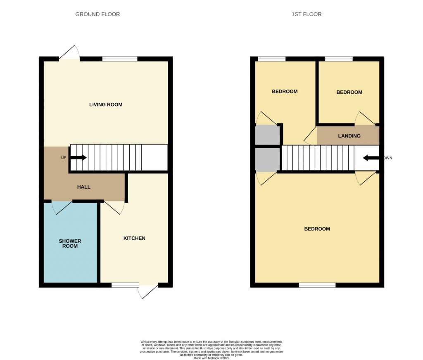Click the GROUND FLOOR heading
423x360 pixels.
point(97,14)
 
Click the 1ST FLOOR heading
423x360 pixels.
point(307,14)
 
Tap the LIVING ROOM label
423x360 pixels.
point(106,104)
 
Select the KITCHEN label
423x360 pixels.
point(135,238)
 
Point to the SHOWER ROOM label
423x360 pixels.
point(70,244)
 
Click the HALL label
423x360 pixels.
point(83,187)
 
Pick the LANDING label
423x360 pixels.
point(349,136)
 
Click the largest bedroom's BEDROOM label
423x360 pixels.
point(317,229)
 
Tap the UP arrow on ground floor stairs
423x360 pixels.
point(78,158)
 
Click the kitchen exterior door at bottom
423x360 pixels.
point(148,291)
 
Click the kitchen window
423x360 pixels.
point(125,285)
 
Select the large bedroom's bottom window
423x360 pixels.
point(317,285)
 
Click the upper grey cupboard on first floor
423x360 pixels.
point(267,135)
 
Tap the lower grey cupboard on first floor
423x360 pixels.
point(267,159)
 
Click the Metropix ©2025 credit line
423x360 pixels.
point(211,358)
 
